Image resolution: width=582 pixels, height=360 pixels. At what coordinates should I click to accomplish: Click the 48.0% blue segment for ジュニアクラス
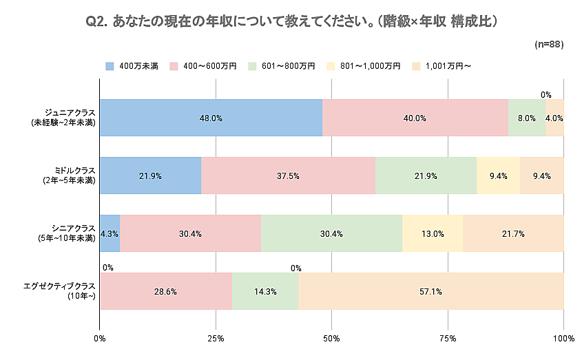[211, 118]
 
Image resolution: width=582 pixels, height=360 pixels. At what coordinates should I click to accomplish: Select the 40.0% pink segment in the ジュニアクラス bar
[415, 118]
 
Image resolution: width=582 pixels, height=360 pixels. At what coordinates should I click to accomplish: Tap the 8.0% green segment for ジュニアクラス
[526, 118]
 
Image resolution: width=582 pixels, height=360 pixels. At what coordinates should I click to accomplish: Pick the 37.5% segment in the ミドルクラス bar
[288, 176]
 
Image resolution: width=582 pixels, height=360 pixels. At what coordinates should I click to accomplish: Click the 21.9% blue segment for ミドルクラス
[150, 176]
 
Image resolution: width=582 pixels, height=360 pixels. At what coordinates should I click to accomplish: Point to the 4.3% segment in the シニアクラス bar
[110, 233]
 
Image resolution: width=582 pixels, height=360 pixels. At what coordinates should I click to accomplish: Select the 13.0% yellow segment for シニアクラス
[432, 233]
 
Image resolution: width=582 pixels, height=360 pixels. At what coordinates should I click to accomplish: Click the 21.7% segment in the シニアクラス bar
[513, 233]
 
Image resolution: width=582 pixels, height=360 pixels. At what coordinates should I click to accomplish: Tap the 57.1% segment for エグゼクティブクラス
[431, 291]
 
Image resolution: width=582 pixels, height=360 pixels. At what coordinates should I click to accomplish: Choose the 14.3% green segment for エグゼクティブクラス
[265, 291]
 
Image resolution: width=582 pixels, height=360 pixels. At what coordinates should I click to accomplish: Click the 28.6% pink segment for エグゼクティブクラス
[166, 291]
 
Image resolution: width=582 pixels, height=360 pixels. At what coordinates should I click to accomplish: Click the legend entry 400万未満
[132, 66]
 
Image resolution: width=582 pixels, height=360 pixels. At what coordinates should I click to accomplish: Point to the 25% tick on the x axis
[216, 339]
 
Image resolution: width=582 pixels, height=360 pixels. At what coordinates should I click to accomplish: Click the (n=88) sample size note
[549, 44]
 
